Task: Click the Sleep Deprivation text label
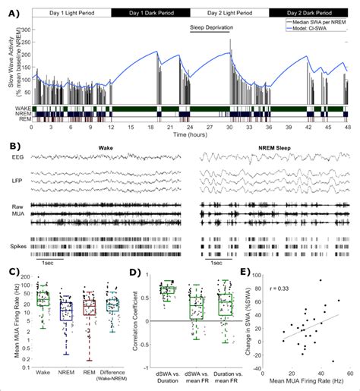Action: tap(211, 27)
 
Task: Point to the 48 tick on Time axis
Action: tap(349, 127)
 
